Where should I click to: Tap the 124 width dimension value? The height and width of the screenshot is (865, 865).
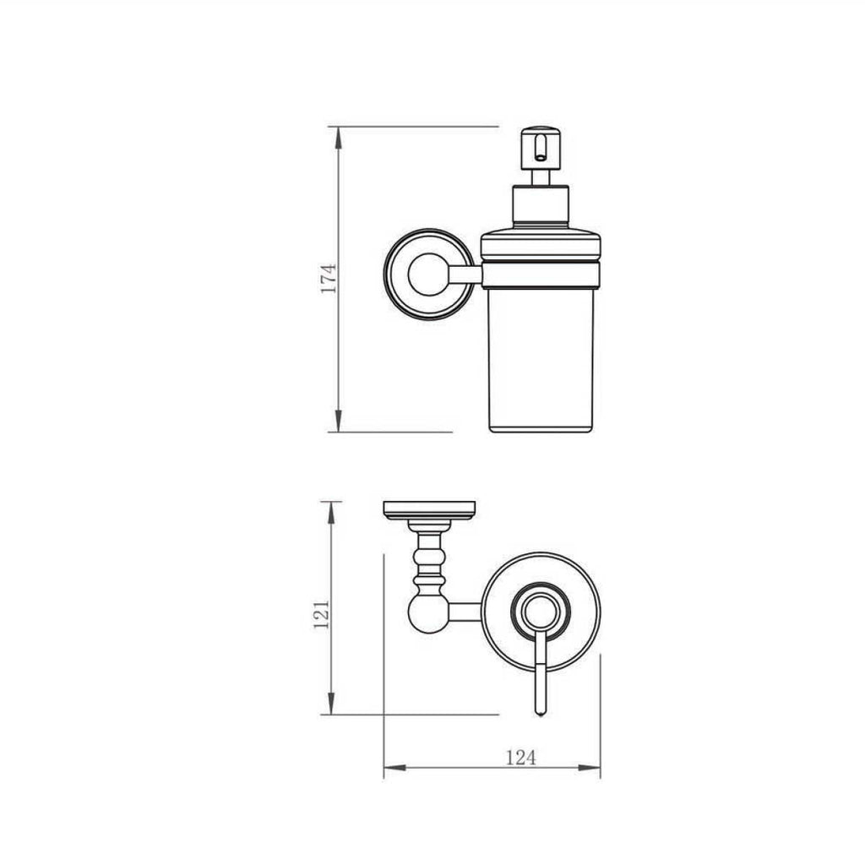click(x=520, y=757)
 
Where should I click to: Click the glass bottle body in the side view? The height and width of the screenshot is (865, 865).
click(x=541, y=355)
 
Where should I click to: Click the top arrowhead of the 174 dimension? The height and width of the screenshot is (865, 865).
click(x=338, y=135)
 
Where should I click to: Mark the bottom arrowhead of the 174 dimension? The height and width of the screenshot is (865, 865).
click(x=338, y=423)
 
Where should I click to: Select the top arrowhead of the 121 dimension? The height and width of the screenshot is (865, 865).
click(x=330, y=509)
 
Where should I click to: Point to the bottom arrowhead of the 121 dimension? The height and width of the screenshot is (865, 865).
click(x=330, y=707)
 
